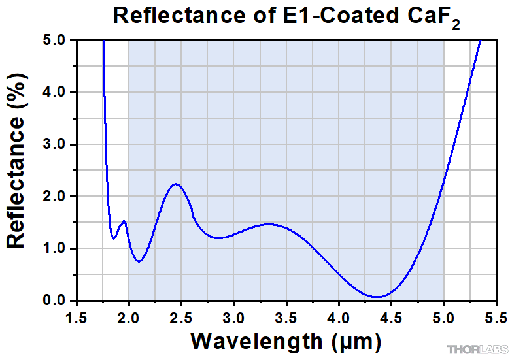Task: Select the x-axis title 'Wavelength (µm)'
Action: click(286, 340)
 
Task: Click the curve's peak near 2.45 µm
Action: click(175, 184)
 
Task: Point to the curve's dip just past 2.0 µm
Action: click(139, 261)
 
